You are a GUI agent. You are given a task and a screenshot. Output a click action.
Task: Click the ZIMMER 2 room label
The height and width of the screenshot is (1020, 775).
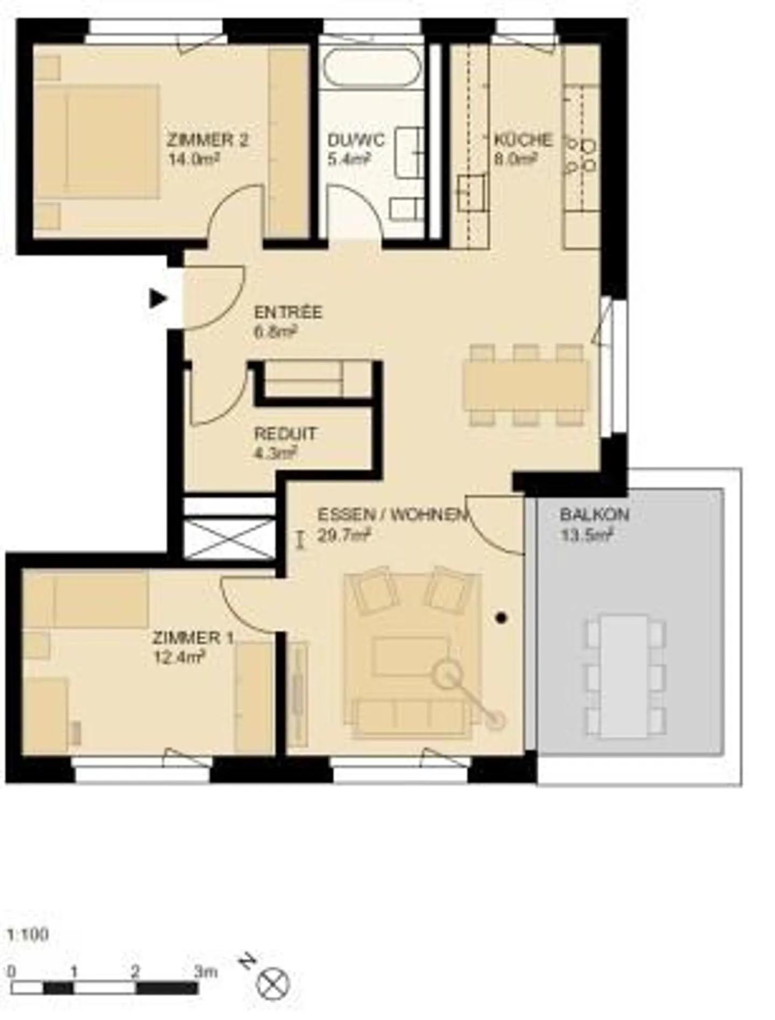207,140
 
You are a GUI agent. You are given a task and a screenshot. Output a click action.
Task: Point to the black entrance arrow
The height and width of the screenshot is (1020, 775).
158,298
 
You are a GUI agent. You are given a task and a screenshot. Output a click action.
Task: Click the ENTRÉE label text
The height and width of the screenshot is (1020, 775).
288,312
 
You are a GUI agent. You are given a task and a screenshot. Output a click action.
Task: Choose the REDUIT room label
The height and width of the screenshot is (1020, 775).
285,433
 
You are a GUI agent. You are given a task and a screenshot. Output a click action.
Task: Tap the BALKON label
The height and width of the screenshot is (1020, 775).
594,515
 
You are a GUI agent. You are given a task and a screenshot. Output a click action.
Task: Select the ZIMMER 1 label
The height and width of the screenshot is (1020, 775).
193,638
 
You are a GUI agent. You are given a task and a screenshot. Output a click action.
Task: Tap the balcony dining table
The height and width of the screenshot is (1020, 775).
624,676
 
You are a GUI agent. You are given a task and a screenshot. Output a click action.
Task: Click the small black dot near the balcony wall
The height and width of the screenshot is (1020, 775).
502,618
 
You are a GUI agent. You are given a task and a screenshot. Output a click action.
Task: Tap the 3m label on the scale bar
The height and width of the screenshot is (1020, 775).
206,972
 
